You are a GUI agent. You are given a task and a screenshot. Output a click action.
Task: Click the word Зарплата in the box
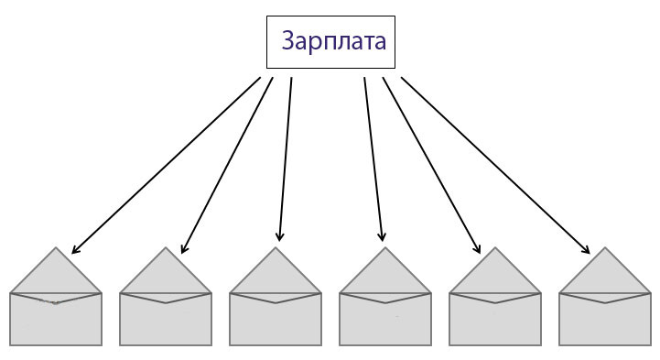coord(333,42)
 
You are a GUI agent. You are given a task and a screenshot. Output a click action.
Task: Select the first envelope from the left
coord(56,317)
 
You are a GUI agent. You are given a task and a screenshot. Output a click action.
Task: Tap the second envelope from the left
coord(166,317)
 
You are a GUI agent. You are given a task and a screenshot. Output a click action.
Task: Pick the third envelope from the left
coord(276,317)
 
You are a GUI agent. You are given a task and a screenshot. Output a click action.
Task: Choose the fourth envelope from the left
coord(385,317)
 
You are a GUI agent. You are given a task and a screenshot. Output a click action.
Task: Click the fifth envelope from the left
coord(495,317)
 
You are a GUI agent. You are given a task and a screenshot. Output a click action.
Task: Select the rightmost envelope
coord(605,317)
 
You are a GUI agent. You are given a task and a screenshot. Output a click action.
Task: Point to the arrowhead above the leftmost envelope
coord(75,250)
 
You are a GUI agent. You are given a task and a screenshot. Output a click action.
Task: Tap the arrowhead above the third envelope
coord(280,236)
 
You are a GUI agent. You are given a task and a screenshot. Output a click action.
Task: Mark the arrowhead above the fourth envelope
coord(382,236)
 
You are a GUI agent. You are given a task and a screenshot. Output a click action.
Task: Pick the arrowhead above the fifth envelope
coord(477,248)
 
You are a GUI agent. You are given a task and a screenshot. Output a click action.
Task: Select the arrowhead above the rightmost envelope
coord(586,249)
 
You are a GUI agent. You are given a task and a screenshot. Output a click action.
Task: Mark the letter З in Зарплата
coord(289,42)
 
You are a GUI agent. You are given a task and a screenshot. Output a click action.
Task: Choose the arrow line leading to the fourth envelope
coord(373,156)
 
